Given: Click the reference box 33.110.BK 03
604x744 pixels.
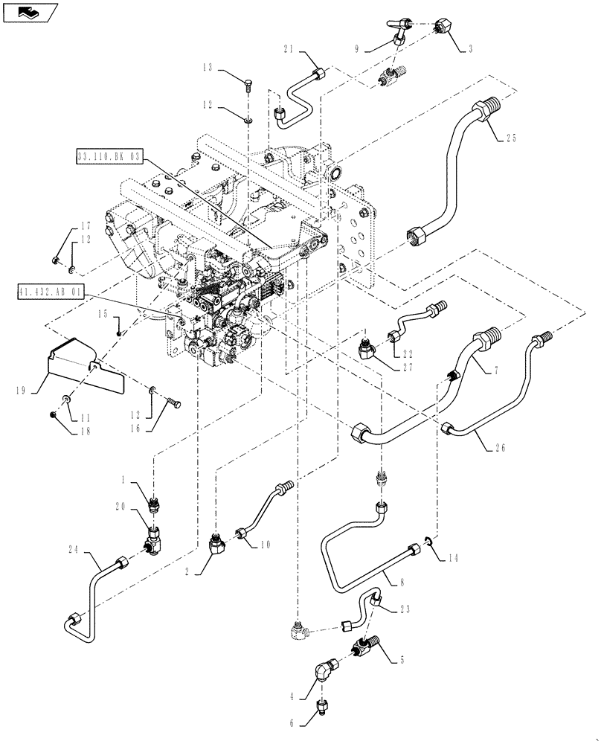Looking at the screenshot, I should (x=108, y=156).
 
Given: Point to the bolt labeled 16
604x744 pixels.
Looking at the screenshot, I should (x=175, y=403).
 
